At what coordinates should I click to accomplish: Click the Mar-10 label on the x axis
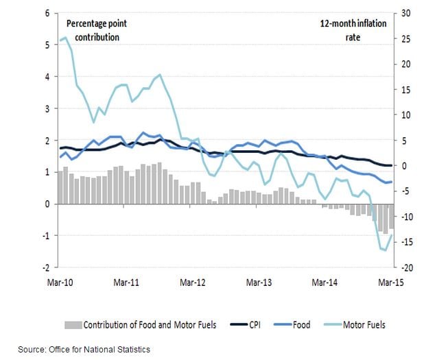tap(60, 282)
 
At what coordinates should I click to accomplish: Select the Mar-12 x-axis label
tap(193, 282)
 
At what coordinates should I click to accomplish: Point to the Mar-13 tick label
tap(259, 282)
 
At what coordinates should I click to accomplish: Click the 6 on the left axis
tap(47, 13)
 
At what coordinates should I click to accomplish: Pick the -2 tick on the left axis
tap(45, 267)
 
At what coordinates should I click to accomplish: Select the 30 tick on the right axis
tap(406, 13)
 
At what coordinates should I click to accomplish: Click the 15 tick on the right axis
tap(406, 89)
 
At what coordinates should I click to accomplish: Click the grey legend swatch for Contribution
tap(73, 324)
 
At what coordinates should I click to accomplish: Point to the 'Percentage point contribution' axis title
tap(97, 30)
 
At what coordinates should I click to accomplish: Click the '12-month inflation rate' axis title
tap(353, 30)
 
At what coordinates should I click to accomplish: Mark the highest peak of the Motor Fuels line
tap(64, 38)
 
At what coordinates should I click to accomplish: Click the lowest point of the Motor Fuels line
tap(386, 250)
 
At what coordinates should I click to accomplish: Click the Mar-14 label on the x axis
tap(326, 282)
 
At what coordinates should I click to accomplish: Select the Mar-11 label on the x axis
tap(126, 282)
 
